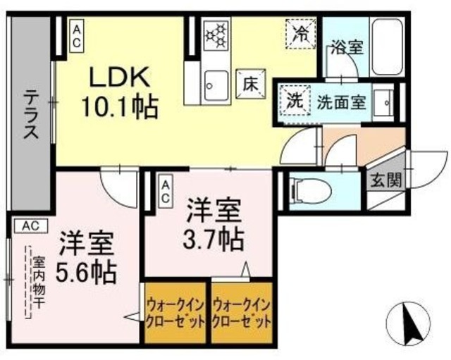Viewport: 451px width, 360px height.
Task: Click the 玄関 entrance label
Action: point(385,180)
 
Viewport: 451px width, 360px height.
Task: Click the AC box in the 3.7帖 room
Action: point(166,190)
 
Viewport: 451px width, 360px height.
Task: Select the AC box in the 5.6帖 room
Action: point(30,225)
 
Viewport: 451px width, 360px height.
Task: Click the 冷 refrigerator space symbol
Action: point(299,32)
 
